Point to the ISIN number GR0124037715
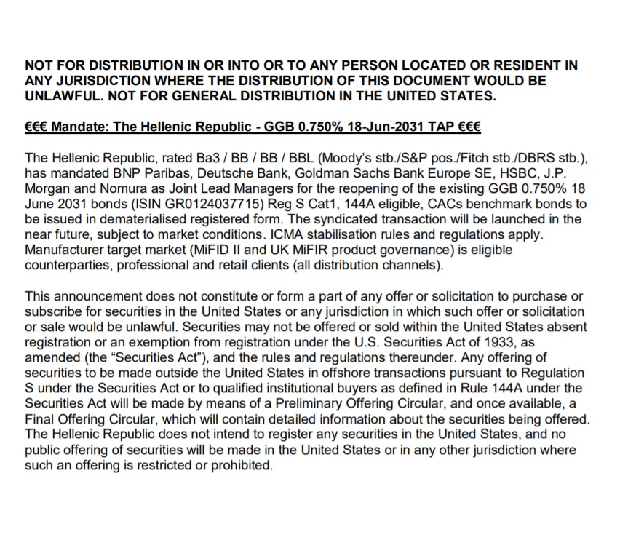pyautogui.click(x=193, y=205)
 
